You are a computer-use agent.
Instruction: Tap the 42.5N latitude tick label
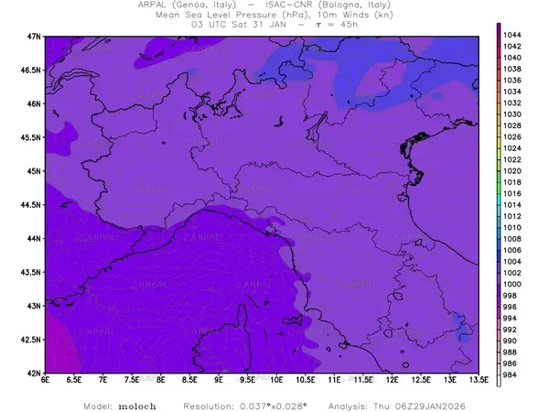click(32, 340)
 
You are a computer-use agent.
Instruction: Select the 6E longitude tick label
click(45, 380)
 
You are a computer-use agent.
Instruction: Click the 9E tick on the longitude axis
click(219, 380)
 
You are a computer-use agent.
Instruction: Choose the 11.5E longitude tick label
click(362, 380)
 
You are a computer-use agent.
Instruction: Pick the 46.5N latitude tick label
click(32, 70)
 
